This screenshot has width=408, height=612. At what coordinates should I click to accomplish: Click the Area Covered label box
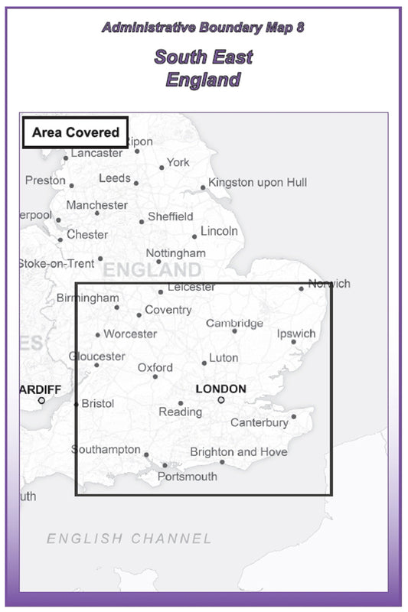pos(75,132)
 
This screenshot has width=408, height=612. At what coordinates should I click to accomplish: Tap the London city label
pos(220,389)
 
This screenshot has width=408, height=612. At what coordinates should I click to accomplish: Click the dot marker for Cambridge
pos(235,330)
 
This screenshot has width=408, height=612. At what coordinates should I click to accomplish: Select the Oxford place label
pos(155,368)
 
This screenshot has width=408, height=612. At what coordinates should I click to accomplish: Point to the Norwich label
pos(329,284)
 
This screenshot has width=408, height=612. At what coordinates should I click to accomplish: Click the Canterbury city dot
pos(294,417)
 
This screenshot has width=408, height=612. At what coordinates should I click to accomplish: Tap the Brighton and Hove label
pos(239,452)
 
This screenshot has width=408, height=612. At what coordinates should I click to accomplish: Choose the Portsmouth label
pos(187,477)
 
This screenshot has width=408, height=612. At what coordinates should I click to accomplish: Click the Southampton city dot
pos(146,454)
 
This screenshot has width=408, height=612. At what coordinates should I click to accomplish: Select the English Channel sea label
pos(129,539)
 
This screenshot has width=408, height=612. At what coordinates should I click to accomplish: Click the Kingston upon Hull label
pos(257,182)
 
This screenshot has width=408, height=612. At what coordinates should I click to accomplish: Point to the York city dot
pos(162,168)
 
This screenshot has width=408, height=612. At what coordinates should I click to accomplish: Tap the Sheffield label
pos(170,217)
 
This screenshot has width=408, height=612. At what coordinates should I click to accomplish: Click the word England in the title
pos(204,80)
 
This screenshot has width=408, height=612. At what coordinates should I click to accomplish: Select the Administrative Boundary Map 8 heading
pos(203,28)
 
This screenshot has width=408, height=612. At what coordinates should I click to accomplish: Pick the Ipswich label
pos(296,334)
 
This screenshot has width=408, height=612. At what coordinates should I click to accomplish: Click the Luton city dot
pos(204,363)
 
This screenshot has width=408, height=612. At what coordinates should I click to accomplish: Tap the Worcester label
pos(130,334)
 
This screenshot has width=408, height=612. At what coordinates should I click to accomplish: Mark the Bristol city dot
pos(76,404)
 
